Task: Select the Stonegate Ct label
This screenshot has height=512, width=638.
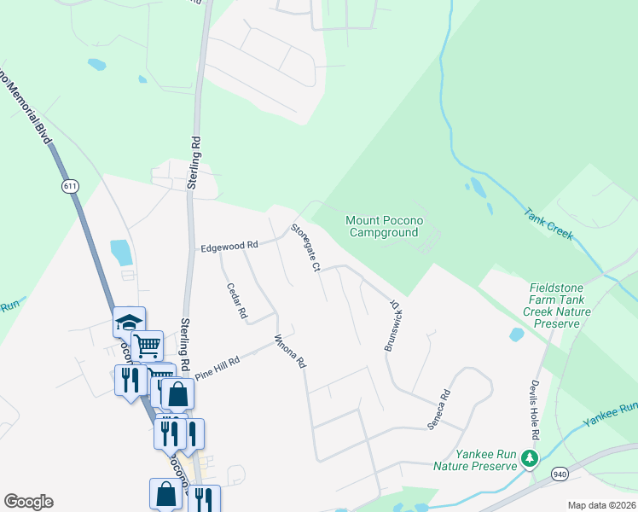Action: coord(304,247)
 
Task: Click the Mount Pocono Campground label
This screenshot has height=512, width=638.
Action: coord(383,226)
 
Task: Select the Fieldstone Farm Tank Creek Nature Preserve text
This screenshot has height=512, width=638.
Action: coord(567,306)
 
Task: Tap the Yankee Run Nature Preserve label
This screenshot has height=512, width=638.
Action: coord(475,460)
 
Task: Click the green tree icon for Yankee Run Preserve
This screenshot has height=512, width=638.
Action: coord(530,459)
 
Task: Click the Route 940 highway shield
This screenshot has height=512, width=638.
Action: coord(560,474)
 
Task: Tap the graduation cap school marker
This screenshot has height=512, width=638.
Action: coord(129,323)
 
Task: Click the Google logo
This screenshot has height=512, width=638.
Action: coord(28,502)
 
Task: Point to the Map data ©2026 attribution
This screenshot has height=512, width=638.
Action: coord(601,505)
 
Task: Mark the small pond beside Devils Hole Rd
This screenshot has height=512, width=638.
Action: coord(517,335)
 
